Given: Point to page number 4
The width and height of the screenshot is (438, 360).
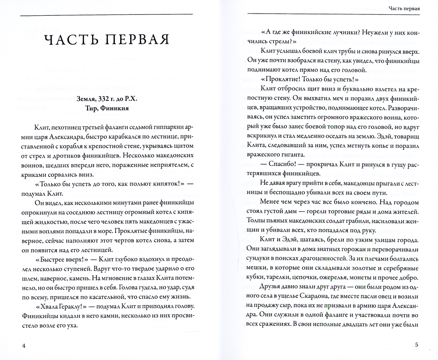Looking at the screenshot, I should pos(25,346).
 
